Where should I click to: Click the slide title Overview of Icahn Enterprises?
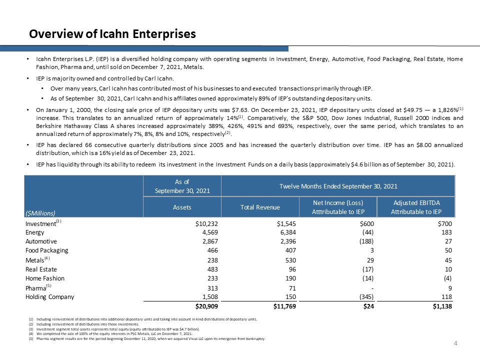(112, 34)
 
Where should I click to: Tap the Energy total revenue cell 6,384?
(287, 232)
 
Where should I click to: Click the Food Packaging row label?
(47, 250)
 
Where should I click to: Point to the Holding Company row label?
(49, 296)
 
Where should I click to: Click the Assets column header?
(182, 207)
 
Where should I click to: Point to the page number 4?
(455, 343)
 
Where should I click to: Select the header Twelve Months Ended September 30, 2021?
(338, 186)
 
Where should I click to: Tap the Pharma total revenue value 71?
(292, 287)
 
